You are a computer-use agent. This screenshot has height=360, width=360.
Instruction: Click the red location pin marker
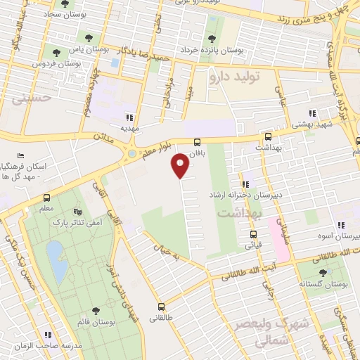(x=181, y=165)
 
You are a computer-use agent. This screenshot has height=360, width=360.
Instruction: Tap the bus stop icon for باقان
(x=198, y=142)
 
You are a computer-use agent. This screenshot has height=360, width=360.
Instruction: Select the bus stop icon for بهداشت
(x=267, y=137)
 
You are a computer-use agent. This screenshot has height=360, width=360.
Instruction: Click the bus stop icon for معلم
(x=46, y=198)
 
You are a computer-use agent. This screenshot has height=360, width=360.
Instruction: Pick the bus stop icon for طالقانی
(x=162, y=306)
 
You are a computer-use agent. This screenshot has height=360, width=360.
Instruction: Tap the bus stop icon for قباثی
(x=247, y=235)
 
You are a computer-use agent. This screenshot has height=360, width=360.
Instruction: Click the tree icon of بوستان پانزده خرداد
(x=212, y=39)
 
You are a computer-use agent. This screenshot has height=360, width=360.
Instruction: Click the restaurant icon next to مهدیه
(x=128, y=118)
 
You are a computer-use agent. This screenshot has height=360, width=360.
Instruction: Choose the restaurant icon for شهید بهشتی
(x=312, y=113)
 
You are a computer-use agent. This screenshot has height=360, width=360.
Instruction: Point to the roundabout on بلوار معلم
(x=132, y=153)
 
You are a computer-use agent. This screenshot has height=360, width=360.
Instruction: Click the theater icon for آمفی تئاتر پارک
(x=77, y=211)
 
